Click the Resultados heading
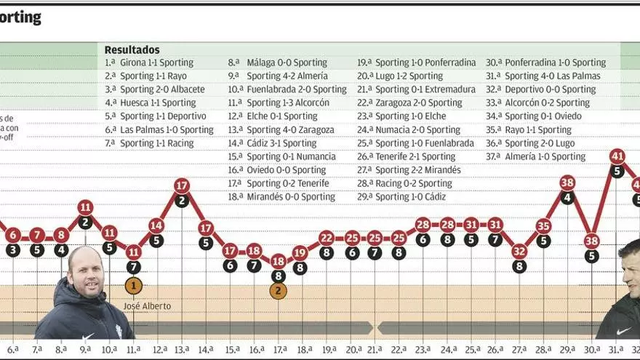coord(132,49)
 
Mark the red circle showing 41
coord(617,156)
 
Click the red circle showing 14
coord(156,225)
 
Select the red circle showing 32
coord(519,251)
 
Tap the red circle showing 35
coord(543,225)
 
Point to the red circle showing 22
coord(327,238)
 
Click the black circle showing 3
coord(13,250)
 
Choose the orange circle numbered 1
coord(133,286)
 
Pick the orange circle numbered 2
coord(278,291)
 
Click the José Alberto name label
coord(148,306)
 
